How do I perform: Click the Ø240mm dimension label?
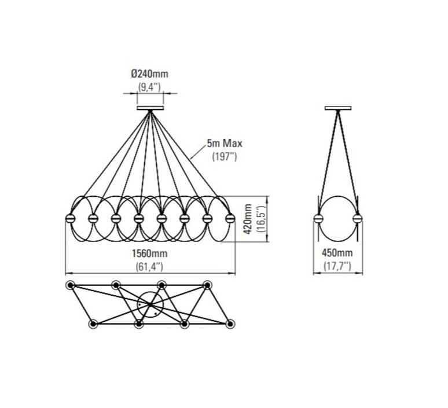click(x=150, y=74)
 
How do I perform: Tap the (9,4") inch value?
click(x=149, y=87)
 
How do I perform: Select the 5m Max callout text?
click(x=225, y=143)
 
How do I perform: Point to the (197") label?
click(x=225, y=157)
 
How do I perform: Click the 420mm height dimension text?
click(x=248, y=219)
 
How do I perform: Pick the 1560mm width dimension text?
click(x=149, y=253)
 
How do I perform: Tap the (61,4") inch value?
click(x=149, y=267)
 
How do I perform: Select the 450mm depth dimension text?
click(x=337, y=253)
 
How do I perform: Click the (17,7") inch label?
click(x=337, y=266)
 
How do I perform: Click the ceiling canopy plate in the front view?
click(x=150, y=108)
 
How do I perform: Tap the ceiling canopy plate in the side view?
click(x=338, y=108)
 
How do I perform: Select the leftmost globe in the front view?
click(x=70, y=219)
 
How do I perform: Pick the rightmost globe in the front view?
click(x=230, y=219)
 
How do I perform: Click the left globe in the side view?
click(x=318, y=219)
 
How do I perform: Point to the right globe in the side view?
click(x=358, y=219)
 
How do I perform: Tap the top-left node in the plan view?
click(x=70, y=285)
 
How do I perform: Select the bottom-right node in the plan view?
click(x=230, y=324)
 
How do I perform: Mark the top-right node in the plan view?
click(x=207, y=285)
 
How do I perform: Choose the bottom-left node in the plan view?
click(x=93, y=324)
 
